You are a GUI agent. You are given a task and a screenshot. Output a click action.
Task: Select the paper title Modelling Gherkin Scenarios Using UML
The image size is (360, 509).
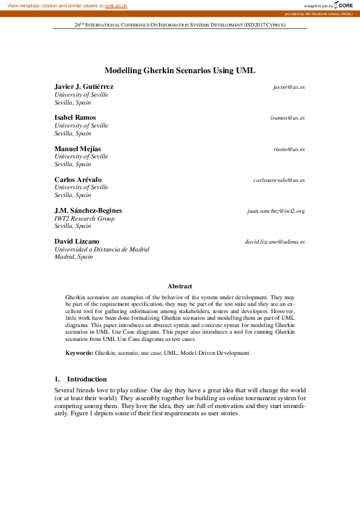(x=180, y=71)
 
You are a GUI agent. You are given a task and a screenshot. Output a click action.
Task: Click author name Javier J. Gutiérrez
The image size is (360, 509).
(x=83, y=87)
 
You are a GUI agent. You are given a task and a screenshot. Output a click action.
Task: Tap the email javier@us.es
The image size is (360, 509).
(x=289, y=87)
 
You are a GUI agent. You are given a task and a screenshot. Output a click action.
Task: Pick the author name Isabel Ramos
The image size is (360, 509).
(x=75, y=118)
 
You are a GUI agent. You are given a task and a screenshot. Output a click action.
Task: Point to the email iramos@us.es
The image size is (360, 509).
(x=287, y=118)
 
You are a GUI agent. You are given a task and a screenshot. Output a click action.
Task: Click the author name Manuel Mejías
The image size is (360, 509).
(x=78, y=149)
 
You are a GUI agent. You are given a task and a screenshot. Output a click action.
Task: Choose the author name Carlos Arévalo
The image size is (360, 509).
(x=77, y=180)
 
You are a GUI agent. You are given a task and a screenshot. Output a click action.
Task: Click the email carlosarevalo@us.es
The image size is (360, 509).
(x=279, y=180)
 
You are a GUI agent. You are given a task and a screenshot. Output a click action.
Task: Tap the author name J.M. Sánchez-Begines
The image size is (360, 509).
(x=88, y=211)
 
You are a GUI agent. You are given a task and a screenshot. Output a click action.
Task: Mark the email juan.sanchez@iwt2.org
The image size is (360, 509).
(x=275, y=211)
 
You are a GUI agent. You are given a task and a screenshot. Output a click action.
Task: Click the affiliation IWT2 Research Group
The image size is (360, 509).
(x=84, y=219)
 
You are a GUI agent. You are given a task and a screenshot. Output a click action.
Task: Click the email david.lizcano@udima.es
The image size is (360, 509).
(x=275, y=242)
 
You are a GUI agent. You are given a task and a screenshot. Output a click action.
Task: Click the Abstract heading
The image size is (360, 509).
(x=180, y=286)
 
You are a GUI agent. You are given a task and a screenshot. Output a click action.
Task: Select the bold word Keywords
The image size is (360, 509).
(x=79, y=352)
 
